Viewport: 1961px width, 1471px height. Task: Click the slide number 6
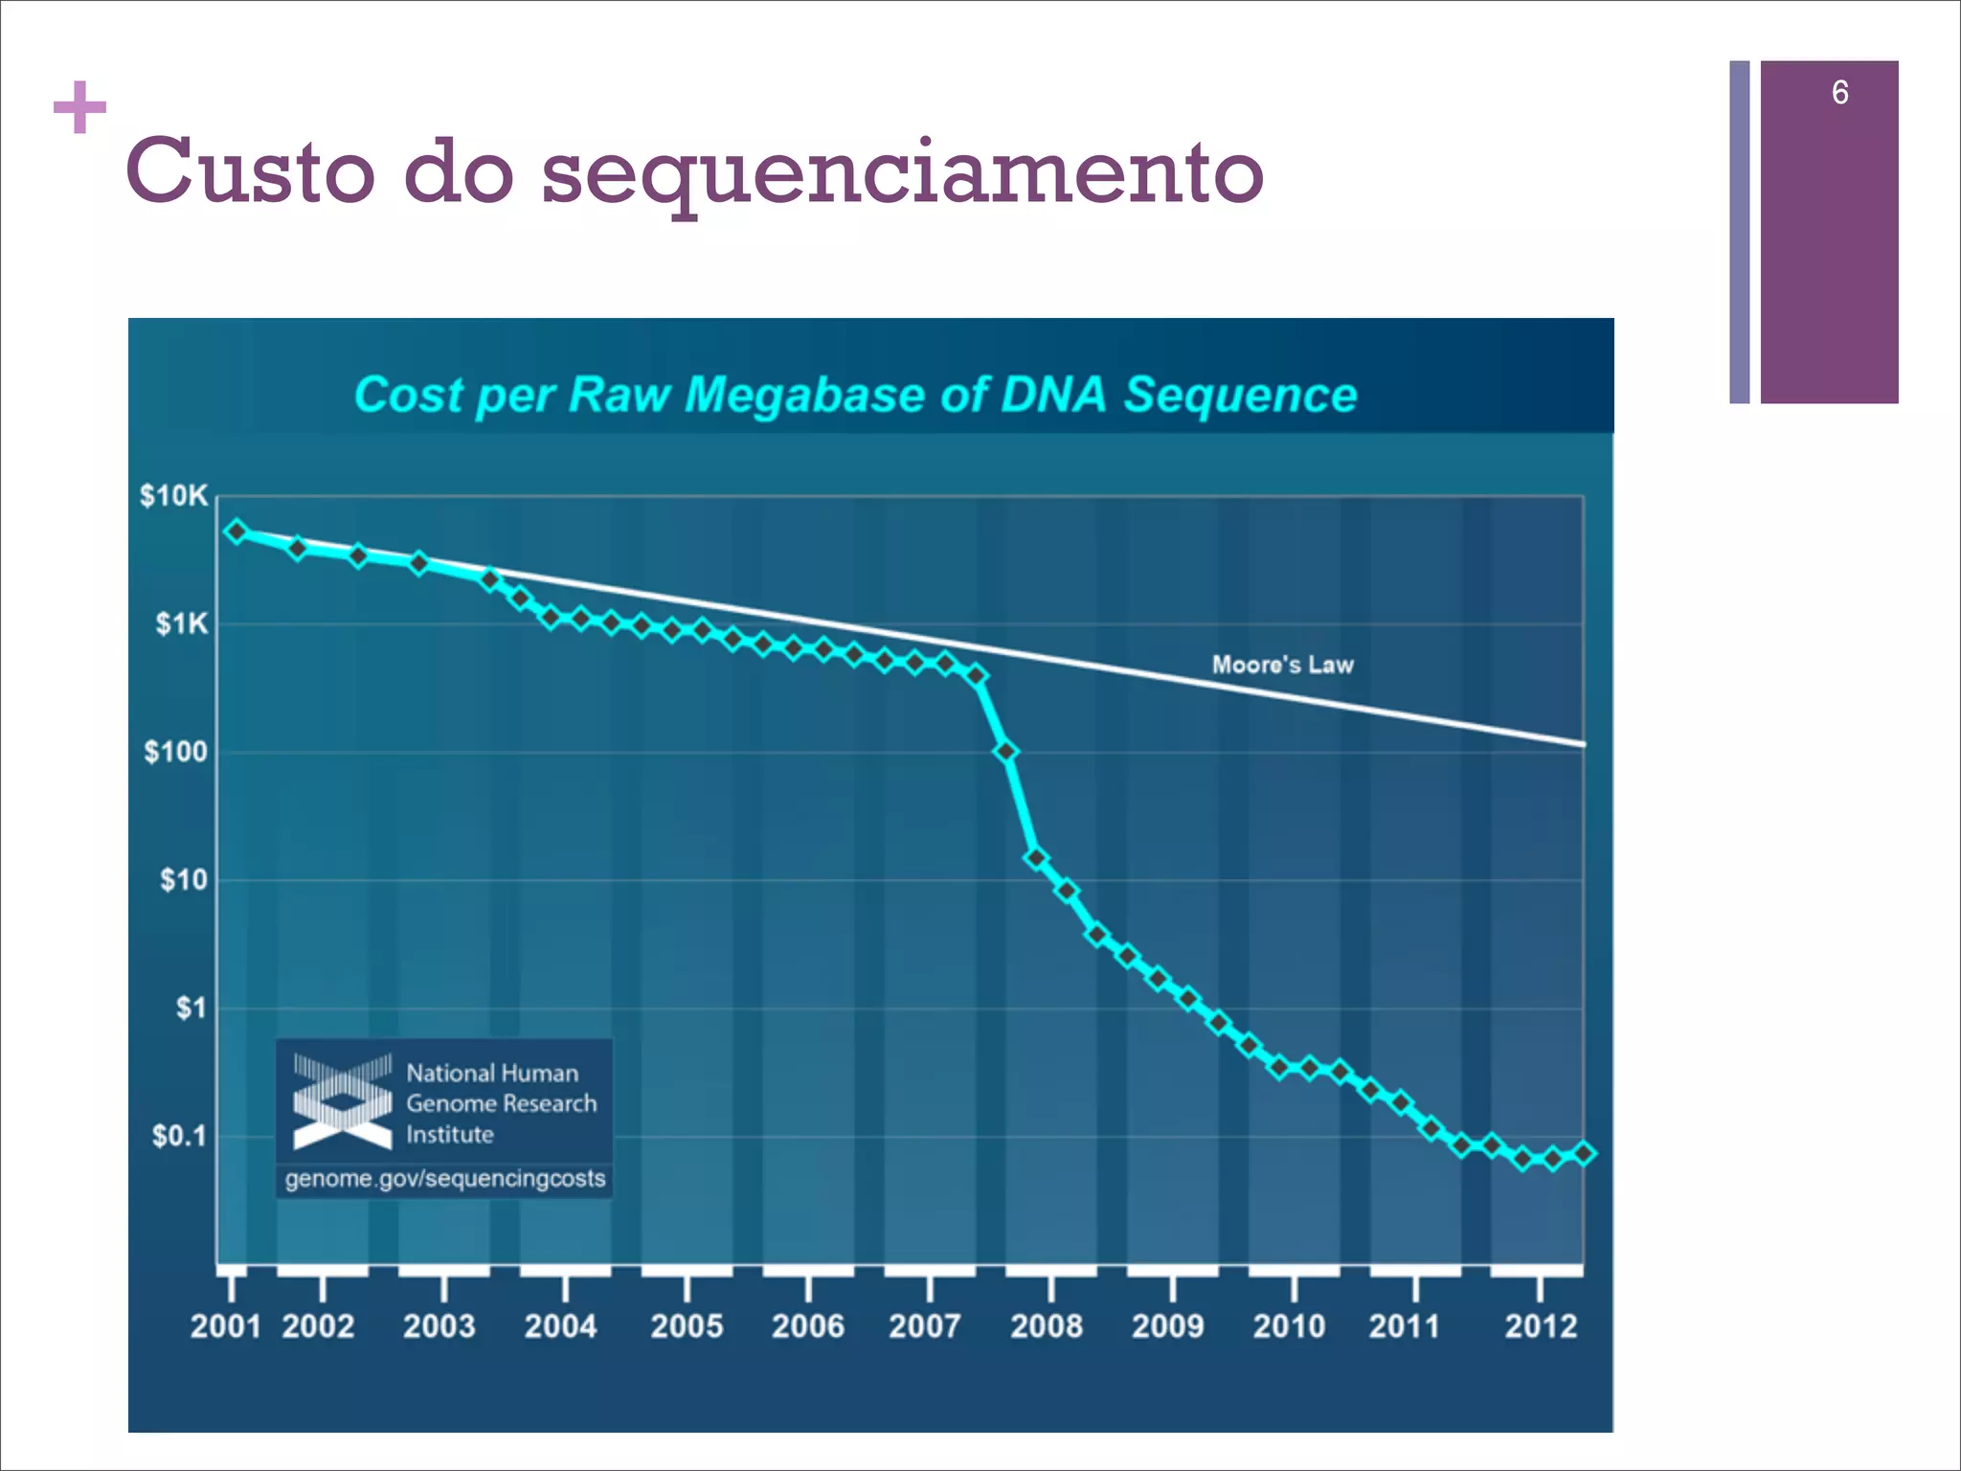click(1839, 93)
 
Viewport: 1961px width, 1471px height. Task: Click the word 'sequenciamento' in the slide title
click(902, 173)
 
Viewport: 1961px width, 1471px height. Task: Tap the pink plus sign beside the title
click(79, 107)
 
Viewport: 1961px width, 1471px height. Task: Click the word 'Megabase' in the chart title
click(804, 395)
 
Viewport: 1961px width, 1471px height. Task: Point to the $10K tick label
click(173, 496)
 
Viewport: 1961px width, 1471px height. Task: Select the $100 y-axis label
click(175, 752)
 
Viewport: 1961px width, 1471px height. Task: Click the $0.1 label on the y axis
click(178, 1136)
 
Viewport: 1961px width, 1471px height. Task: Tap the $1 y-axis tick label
click(191, 1007)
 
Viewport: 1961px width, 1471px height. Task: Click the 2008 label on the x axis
click(1047, 1326)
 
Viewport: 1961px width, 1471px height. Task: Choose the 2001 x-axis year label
click(225, 1326)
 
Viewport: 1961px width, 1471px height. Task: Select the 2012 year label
click(1540, 1326)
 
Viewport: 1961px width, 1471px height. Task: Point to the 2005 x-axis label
click(687, 1326)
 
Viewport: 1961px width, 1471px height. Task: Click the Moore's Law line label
click(1282, 665)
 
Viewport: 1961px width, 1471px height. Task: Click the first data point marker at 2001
click(237, 532)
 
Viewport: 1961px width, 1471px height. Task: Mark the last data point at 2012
click(1584, 1153)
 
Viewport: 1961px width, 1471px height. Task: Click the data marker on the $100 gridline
click(1005, 752)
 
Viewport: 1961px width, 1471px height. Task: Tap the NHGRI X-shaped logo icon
click(342, 1101)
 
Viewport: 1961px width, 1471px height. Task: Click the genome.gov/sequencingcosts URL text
click(445, 1178)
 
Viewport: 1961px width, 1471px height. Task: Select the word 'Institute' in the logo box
click(450, 1135)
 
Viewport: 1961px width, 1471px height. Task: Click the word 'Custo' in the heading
click(250, 173)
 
